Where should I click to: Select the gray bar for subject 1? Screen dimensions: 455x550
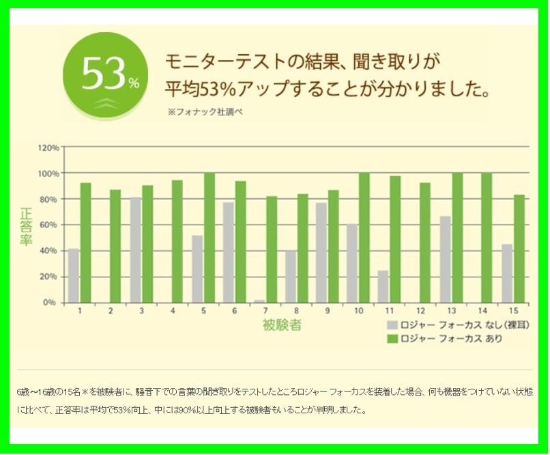(74, 275)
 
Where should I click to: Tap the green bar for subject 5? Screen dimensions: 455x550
(209, 237)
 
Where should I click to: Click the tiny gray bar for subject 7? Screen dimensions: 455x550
(260, 301)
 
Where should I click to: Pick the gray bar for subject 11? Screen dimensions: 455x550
(383, 286)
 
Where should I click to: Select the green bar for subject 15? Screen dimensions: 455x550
(519, 248)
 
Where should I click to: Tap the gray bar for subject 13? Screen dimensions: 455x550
(445, 259)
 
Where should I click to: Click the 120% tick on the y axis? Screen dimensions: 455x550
(48, 148)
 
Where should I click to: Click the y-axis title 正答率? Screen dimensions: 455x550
(26, 225)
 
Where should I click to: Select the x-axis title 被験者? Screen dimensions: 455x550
(282, 325)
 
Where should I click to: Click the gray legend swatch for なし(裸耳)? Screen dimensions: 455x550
(392, 325)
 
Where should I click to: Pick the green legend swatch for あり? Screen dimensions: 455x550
(392, 338)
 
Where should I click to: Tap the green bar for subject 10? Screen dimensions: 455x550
(364, 237)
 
